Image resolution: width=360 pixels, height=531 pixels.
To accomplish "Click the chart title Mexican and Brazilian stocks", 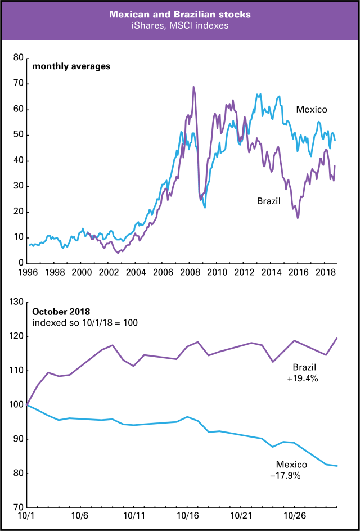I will [180, 13].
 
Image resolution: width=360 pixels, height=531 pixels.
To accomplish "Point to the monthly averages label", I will [71, 66].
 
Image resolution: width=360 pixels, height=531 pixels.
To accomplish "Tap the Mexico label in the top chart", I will [312, 110].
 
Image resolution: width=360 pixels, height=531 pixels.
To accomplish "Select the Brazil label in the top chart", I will [269, 201].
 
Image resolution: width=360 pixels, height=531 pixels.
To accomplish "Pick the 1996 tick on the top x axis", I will [27, 272].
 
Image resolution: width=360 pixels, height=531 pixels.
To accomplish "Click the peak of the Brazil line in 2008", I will [193, 87].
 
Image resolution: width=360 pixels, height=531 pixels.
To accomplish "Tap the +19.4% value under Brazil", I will [303, 379].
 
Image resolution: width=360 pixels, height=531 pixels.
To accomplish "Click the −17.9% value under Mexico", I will [291, 475].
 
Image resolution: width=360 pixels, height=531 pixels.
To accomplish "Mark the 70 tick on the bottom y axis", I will [17, 507].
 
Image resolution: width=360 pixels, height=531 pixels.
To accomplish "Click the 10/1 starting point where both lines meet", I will [27, 404].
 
